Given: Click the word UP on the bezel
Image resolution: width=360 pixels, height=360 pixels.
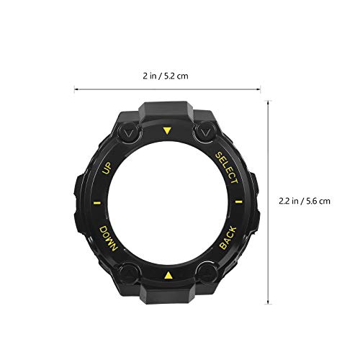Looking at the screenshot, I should pos(109,168).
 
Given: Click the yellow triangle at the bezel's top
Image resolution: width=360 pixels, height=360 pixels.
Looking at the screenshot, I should pos(168,131).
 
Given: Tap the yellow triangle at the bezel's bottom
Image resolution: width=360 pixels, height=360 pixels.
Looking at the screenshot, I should pos(168,275).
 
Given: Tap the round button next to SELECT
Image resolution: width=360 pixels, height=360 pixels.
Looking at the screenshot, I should pos(205,133).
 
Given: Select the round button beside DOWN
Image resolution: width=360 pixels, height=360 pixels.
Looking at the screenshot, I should pos(130,273).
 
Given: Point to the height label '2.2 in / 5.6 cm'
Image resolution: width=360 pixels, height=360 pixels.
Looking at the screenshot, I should pos(303,202).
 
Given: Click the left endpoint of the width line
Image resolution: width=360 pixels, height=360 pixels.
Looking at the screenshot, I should pos(76,90).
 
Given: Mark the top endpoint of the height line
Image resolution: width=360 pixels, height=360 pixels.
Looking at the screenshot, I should pos(269,101).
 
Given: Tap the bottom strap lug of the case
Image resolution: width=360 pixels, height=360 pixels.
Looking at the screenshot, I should pos(167,297).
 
